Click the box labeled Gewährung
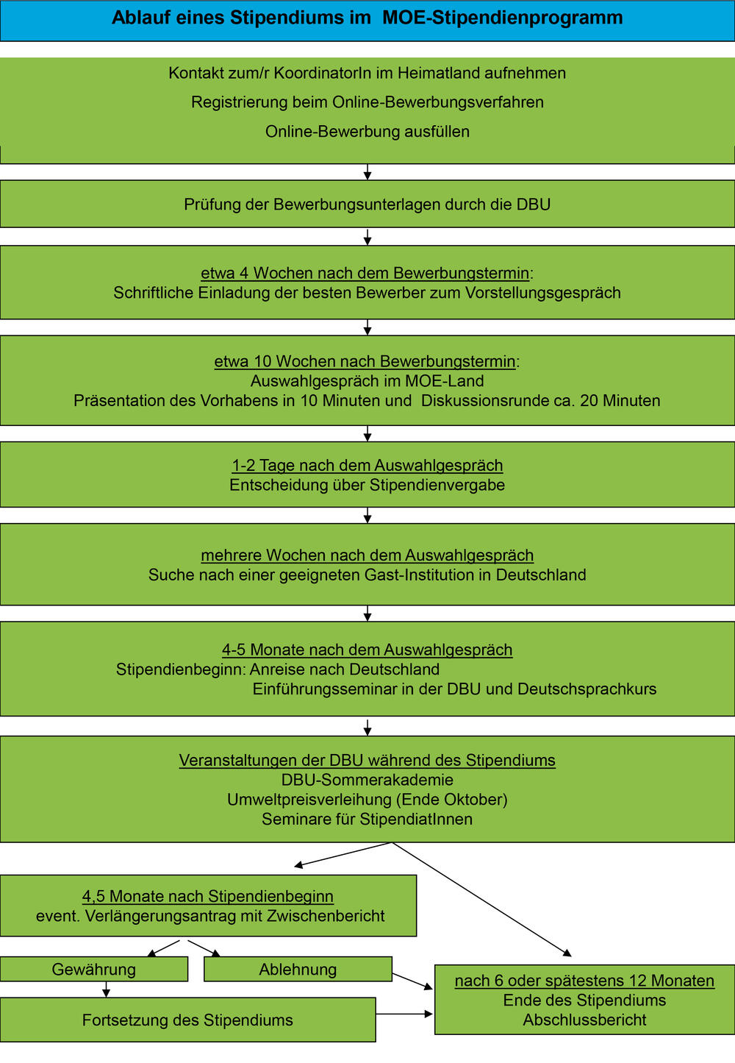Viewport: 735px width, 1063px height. coord(93,970)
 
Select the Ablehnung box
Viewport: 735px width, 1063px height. coord(298,970)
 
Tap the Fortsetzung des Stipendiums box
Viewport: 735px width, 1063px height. coord(187,1020)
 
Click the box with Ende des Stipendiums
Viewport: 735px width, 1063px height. coord(584,1000)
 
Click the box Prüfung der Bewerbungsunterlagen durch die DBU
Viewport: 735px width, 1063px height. coord(367,205)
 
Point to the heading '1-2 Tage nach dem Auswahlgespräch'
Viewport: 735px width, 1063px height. coord(367,466)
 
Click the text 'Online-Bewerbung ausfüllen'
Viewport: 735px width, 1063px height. coord(367,132)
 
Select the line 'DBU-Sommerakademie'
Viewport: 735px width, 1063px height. coord(367,780)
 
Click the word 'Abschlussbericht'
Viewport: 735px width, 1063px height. coord(584,1020)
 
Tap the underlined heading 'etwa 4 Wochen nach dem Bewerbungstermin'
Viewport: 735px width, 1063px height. coord(365,273)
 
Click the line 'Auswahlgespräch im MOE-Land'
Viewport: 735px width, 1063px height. coord(367,381)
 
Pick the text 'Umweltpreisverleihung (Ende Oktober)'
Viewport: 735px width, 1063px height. coord(367,800)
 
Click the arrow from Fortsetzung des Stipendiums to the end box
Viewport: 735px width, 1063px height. coord(404,1014)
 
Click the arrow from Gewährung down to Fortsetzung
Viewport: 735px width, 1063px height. coord(107,989)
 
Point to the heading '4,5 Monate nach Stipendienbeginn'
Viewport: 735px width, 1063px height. coord(208,897)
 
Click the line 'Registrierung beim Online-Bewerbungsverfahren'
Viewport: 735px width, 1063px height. coord(367,102)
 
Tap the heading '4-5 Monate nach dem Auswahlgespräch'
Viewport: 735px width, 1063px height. coord(367,650)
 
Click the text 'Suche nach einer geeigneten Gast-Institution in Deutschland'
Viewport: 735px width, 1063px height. coord(367,575)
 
